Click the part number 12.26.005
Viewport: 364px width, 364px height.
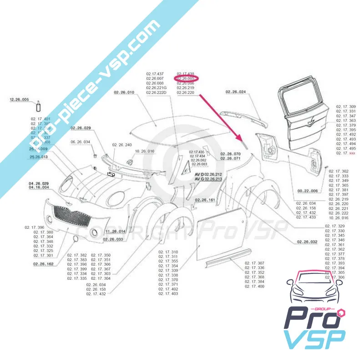pos(19,99)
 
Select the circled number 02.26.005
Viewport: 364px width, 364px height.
pos(186,78)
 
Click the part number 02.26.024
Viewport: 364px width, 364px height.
pos(235,92)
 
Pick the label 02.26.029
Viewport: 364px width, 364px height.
pos(81,128)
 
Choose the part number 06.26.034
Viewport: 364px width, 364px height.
pos(81,142)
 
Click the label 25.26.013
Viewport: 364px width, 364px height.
pos(39,157)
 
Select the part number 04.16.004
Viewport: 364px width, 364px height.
pos(39,187)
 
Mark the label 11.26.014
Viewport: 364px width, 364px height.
pos(115,232)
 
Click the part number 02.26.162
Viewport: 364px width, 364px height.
pos(43,263)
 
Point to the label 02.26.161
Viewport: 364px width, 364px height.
pos(206,200)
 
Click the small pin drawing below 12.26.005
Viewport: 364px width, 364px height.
pos(39,107)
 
